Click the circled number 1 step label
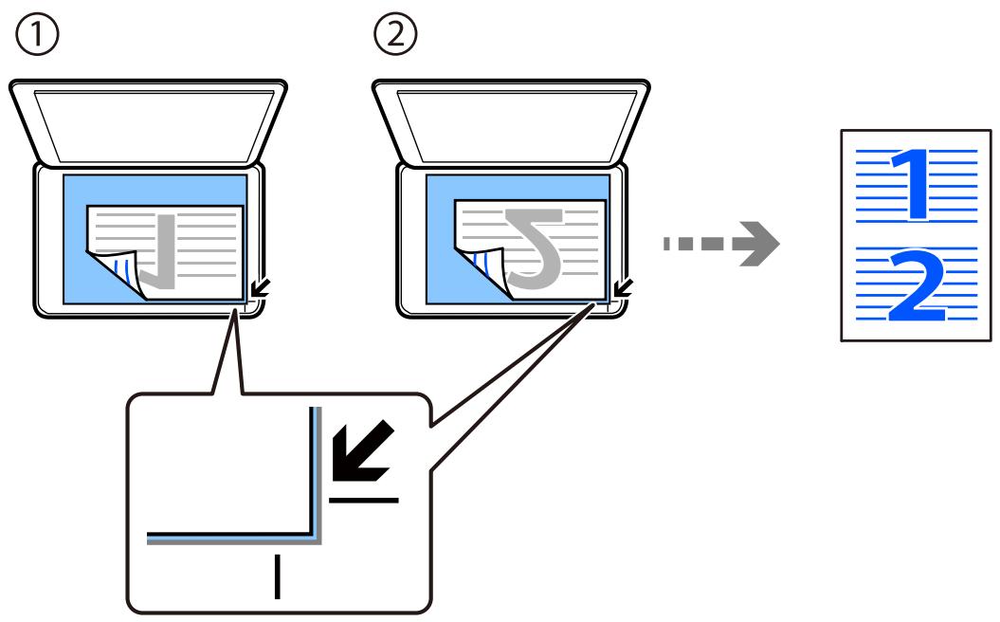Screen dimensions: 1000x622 pos(37,35)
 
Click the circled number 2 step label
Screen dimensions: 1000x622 pos(395,35)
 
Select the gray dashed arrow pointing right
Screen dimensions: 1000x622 pos(721,243)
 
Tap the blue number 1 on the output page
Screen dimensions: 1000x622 pos(911,184)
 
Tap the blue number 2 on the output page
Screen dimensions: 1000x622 pos(917,285)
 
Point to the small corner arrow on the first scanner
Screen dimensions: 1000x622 pos(261,288)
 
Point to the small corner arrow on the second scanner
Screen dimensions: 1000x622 pos(623,288)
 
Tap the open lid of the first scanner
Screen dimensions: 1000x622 pos(148,122)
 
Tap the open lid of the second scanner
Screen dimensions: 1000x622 pos(512,122)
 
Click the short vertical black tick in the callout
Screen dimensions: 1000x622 pos(278,576)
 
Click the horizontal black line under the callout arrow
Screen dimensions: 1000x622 pos(364,500)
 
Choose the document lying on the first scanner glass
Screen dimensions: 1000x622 pos(165,252)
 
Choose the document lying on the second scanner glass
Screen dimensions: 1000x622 pos(530,249)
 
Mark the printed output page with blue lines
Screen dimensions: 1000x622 pos(917,235)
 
